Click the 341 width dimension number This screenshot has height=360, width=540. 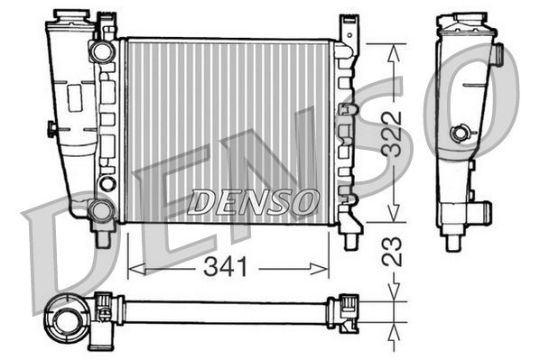point(228,266)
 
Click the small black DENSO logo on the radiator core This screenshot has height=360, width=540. point(252,202)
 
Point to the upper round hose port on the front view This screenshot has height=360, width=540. point(101,51)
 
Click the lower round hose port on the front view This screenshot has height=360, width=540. point(101,210)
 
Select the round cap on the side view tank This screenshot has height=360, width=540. point(462,134)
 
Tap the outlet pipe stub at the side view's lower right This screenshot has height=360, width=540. point(483,214)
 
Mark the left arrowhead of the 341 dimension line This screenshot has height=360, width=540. point(132,266)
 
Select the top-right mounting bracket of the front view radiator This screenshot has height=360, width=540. point(348,29)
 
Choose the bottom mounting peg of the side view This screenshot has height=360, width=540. point(453,242)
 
